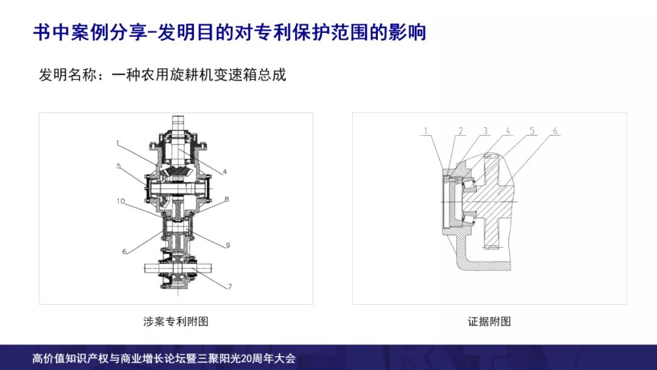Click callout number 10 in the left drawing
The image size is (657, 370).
(120, 201)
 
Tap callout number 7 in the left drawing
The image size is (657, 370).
(229, 287)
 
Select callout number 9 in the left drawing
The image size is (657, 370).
(228, 245)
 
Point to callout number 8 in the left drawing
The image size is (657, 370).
(227, 200)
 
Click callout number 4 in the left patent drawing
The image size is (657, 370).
(225, 172)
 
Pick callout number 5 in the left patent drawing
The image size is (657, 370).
(119, 166)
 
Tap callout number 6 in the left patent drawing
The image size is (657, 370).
(124, 251)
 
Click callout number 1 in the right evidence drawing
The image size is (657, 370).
(426, 131)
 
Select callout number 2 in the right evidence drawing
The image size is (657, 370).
(461, 131)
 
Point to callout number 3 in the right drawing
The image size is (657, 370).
(485, 131)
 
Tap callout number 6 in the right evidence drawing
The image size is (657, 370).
(555, 131)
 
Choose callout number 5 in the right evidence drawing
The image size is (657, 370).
(532, 131)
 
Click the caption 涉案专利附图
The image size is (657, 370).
(176, 321)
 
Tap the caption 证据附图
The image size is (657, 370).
(489, 321)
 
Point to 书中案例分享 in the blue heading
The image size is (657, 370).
(89, 33)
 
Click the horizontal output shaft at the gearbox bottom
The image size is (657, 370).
(178, 268)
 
